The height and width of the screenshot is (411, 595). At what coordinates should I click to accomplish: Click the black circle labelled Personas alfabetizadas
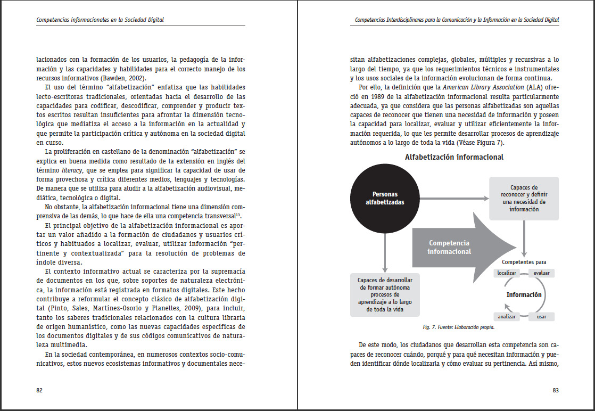(385, 199)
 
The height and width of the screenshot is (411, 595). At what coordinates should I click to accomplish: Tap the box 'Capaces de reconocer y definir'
(524, 199)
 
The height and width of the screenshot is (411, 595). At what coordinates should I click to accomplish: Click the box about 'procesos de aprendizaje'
(385, 294)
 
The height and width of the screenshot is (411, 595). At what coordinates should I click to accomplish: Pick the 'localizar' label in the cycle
(507, 273)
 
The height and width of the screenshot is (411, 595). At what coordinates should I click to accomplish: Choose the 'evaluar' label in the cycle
(542, 273)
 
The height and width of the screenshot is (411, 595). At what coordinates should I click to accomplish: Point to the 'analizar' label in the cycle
(507, 316)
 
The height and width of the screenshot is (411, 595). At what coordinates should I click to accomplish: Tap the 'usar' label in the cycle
(541, 316)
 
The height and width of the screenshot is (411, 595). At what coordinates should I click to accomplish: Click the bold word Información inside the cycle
(524, 295)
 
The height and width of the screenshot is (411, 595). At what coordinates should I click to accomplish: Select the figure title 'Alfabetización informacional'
(454, 157)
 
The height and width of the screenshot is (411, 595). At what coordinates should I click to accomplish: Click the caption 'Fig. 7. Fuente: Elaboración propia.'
(458, 327)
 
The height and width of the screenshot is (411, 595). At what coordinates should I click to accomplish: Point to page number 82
(39, 390)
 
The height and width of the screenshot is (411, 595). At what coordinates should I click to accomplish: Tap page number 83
(556, 390)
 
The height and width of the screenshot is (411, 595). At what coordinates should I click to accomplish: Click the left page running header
(100, 20)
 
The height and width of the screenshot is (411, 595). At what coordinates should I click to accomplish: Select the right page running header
(457, 20)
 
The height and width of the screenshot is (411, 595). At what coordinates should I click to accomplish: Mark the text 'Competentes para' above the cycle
(524, 262)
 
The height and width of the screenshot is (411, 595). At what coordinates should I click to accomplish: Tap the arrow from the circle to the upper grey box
(452, 199)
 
